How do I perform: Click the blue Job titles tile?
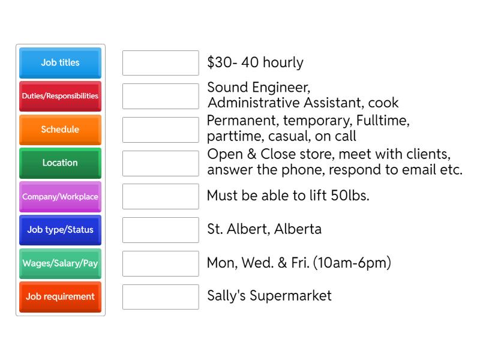60,62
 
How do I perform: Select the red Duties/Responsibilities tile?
60,96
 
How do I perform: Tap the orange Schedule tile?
60,130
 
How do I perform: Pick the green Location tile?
60,163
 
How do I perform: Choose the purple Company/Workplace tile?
60,196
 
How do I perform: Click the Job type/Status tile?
60,230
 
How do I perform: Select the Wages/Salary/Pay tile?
60,263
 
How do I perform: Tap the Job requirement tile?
60,296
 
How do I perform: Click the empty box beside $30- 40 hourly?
160,63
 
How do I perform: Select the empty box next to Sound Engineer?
160,96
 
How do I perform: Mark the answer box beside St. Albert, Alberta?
160,230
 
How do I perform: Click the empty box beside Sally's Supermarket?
160,296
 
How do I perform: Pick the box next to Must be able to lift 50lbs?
160,196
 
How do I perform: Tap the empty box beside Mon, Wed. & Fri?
160,263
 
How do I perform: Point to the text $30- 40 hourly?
255,63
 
